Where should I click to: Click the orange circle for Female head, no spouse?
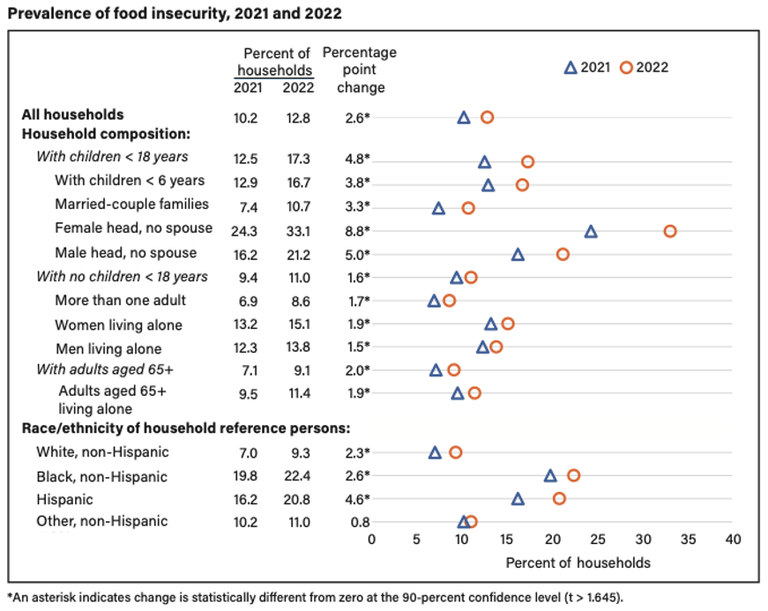670,231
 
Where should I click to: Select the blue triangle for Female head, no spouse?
591,232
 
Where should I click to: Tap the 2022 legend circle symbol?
626,68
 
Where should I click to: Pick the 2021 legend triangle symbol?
570,68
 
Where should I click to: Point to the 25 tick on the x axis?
597,540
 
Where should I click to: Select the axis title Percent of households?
578,563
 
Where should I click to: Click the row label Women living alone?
118,324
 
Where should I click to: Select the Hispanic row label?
64,499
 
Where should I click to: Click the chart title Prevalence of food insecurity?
174,14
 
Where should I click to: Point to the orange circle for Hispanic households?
559,499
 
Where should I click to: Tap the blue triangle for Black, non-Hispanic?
550,476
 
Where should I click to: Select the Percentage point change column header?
360,70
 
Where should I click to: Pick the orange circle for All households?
487,117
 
